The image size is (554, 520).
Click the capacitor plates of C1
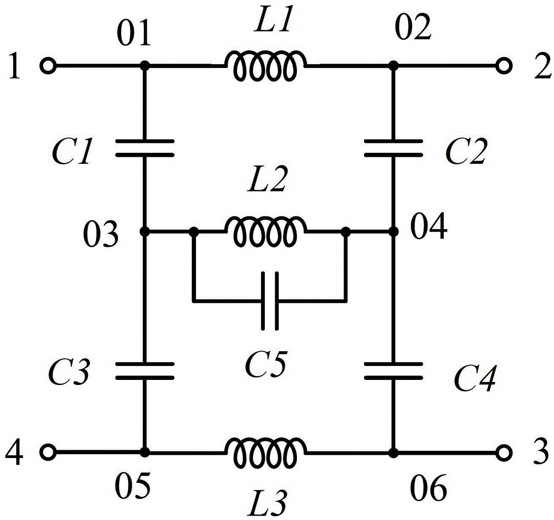145,148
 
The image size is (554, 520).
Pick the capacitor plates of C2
393,148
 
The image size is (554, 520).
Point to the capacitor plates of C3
145,370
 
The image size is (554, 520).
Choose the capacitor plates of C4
393,370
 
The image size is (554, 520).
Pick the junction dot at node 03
145,231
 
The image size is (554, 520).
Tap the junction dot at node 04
393,231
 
